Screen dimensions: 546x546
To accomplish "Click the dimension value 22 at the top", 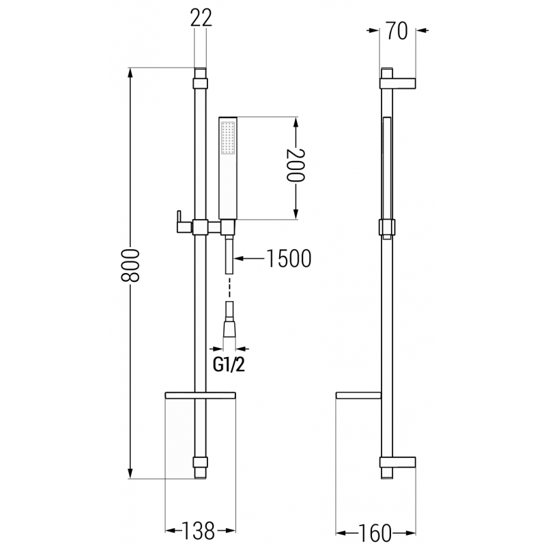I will tap(200, 19).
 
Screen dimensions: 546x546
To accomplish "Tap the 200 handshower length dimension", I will tap(295, 165).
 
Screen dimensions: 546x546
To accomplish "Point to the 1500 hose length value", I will tap(288, 258).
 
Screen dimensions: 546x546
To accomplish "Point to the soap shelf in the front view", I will tap(200, 395).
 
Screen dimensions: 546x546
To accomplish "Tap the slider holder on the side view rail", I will tap(387, 227).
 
